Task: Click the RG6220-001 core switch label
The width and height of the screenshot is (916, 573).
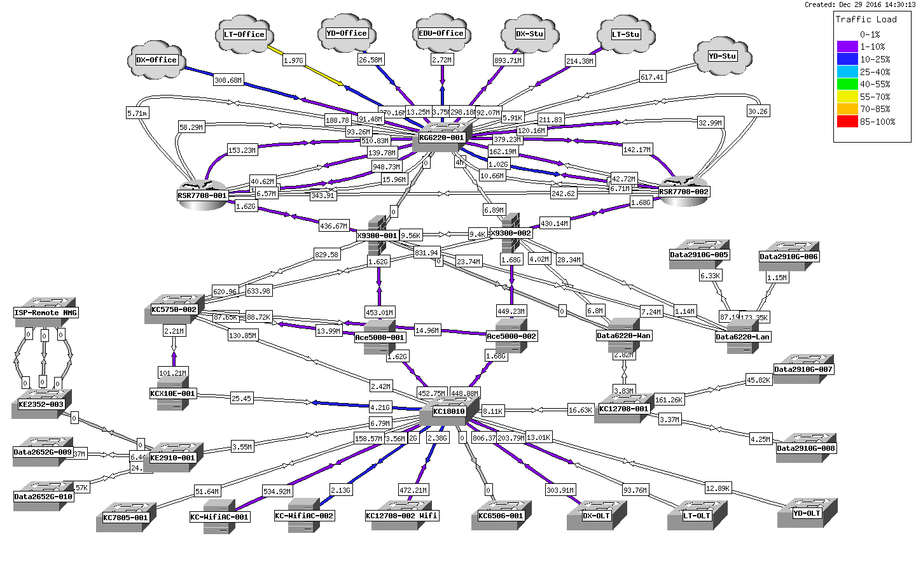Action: coord(441,138)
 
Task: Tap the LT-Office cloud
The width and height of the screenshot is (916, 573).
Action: coord(244,34)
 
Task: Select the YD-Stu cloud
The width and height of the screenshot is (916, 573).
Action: coord(723,56)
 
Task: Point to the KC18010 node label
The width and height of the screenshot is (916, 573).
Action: coord(449,411)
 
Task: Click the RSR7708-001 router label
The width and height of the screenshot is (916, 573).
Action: coord(202,195)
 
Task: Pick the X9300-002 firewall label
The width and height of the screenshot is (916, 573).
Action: coord(510,233)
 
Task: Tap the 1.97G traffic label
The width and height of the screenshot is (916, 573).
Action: coord(293,60)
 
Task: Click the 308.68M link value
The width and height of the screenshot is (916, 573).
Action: coord(228,80)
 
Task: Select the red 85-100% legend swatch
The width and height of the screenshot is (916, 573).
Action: coord(847,122)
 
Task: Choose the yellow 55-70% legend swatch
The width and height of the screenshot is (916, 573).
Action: coord(847,97)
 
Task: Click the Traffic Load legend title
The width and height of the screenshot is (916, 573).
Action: coord(866,19)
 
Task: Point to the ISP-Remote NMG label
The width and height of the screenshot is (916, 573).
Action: coord(45,313)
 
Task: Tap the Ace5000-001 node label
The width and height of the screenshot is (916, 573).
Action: coord(380,337)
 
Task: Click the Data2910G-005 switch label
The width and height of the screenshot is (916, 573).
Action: coord(699,255)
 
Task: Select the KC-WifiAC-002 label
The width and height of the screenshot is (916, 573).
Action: coord(304,516)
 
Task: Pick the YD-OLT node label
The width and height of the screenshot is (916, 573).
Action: coord(807,513)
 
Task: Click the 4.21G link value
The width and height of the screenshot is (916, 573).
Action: coord(380,407)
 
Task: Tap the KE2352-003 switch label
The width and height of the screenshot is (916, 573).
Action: coord(41,404)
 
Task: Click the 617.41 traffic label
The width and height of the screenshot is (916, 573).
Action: coord(652,77)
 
